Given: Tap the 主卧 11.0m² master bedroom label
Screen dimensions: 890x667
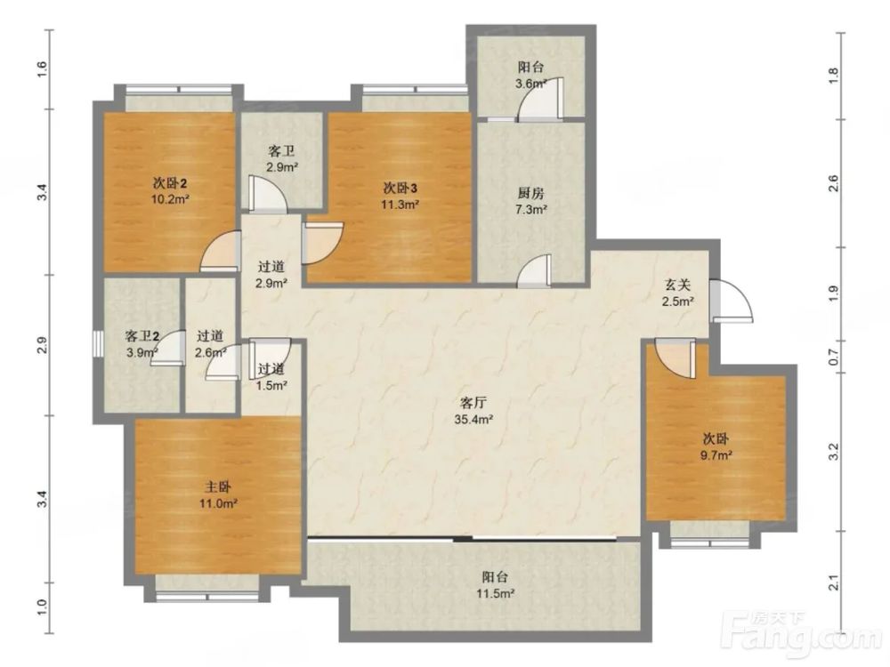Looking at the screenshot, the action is (217, 494).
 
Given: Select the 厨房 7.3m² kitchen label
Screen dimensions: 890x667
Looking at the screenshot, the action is (530, 201).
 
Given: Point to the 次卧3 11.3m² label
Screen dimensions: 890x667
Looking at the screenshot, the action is (400, 196).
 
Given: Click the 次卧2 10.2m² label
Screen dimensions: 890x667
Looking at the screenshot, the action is (170, 191).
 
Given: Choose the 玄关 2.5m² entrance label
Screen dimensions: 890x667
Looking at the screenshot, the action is (677, 293).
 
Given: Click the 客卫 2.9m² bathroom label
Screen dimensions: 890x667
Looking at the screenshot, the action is (282, 159).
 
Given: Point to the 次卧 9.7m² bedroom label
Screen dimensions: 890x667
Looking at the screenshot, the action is (716, 446).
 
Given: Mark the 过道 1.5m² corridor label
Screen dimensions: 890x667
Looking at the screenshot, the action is (271, 377).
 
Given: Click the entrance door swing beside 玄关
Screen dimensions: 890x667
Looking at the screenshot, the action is (732, 301).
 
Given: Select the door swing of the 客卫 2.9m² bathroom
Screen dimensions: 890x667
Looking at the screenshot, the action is (267, 194).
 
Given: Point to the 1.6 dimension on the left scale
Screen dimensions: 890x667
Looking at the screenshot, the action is (43, 69).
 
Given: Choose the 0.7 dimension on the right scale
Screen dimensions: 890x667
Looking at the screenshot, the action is (833, 358).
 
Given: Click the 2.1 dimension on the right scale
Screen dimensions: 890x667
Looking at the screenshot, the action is (833, 583).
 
